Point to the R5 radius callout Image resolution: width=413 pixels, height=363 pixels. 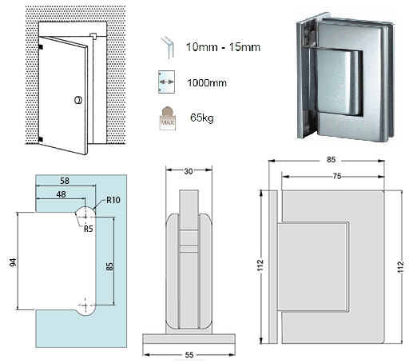89,228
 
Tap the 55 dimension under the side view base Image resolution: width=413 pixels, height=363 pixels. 189,353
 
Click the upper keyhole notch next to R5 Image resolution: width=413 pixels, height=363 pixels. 85,214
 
